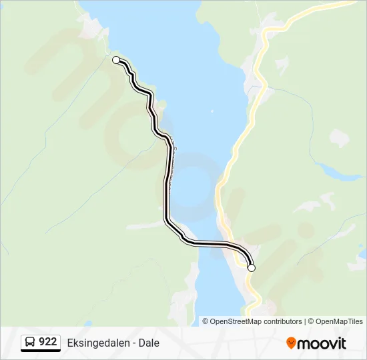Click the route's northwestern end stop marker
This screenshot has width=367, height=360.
[x=116, y=60]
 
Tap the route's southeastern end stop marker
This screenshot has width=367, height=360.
[x=252, y=268]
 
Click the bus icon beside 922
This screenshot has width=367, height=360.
[x=30, y=343]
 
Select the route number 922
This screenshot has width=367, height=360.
[x=47, y=343]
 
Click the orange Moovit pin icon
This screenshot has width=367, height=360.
[x=291, y=343]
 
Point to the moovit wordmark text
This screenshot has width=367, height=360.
[x=322, y=343]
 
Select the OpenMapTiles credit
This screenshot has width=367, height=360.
[x=339, y=321]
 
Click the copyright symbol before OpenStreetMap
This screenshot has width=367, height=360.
[x=206, y=321]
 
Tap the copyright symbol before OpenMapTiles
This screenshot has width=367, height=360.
[x=310, y=321]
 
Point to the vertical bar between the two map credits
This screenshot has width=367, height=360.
[x=304, y=321]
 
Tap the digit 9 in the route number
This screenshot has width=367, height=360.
[x=42, y=343]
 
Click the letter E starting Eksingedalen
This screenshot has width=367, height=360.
[x=70, y=343]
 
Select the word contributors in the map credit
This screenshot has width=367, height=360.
[x=282, y=321]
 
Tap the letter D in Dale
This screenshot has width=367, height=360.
[x=141, y=343]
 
